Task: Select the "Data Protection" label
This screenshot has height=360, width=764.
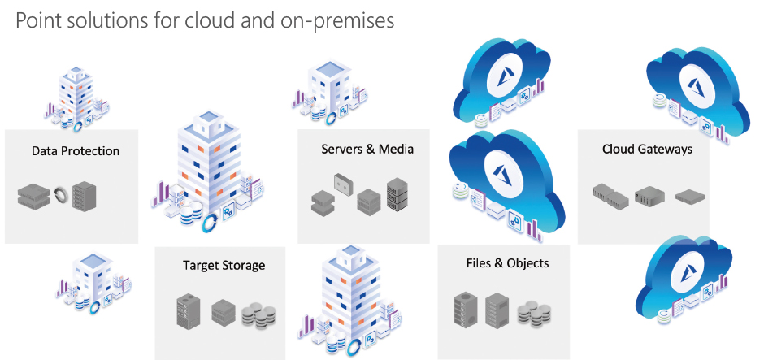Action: tap(76, 150)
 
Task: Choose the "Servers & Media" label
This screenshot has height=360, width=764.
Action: tap(367, 149)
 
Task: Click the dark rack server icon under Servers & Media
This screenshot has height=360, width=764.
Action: tap(396, 194)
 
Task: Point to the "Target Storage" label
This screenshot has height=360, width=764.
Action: tap(224, 265)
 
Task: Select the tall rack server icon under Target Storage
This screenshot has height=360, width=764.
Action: tap(188, 311)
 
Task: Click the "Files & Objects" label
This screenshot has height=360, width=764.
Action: tap(507, 262)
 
